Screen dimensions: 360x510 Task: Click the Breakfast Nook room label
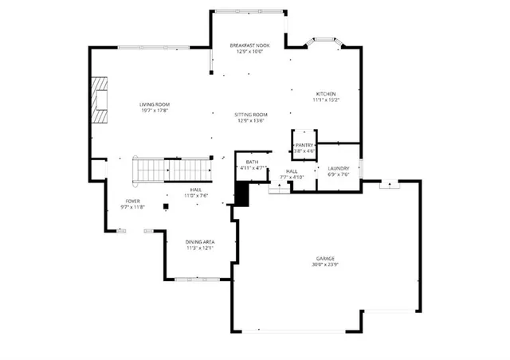click(x=249, y=45)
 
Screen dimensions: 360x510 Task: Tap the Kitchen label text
click(x=325, y=94)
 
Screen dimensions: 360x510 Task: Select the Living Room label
click(x=155, y=105)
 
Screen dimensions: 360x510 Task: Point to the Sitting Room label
click(x=251, y=115)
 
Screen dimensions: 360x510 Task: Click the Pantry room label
click(x=304, y=145)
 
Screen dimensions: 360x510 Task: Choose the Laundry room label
click(x=339, y=169)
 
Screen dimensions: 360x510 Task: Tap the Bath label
click(x=251, y=162)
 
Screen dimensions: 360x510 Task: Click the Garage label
click(x=324, y=259)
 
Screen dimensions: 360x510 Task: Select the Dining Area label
click(x=200, y=241)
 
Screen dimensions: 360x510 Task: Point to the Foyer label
click(x=133, y=201)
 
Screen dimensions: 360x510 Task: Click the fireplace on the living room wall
click(x=98, y=100)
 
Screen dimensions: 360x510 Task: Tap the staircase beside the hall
click(x=171, y=169)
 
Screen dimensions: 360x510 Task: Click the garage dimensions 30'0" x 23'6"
click(x=324, y=265)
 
